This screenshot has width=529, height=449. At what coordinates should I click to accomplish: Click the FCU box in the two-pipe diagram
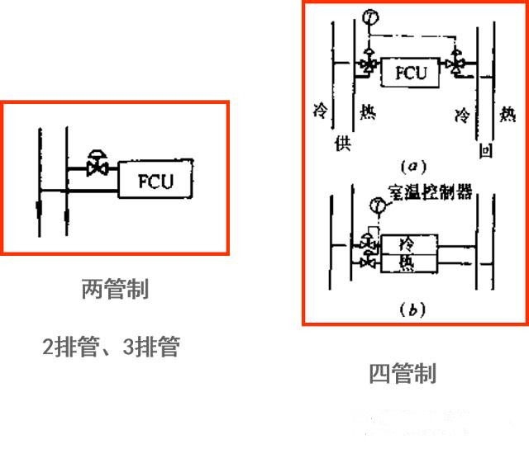[155, 180]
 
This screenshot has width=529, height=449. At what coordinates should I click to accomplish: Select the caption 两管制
[115, 290]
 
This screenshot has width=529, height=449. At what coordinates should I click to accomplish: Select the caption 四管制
[402, 373]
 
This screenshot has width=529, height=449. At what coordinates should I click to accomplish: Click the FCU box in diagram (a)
[410, 72]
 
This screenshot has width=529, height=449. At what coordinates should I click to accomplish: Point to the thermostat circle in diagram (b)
[378, 205]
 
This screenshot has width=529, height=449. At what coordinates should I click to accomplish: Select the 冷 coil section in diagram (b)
[406, 245]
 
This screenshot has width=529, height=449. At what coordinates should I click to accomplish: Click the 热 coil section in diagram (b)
[406, 262]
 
